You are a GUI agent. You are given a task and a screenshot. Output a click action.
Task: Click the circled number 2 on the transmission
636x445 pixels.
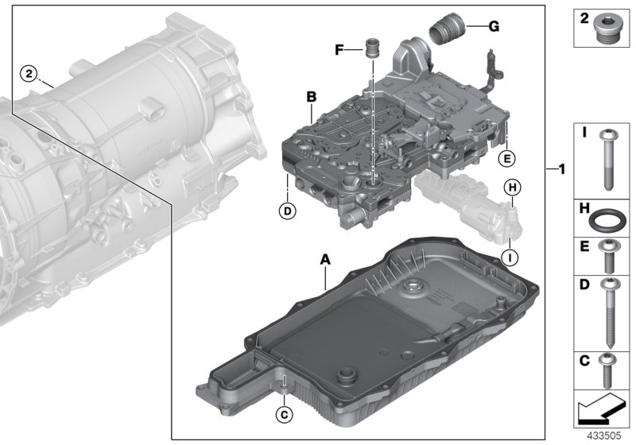tap(29, 74)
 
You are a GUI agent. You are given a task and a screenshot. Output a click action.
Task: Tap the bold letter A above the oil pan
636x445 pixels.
tap(324, 259)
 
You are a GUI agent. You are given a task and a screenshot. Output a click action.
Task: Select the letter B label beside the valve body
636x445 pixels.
tap(312, 97)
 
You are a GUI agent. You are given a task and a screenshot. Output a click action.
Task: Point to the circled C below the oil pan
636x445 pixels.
tap(283, 412)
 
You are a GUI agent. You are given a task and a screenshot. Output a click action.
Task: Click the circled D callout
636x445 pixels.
tap(286, 211)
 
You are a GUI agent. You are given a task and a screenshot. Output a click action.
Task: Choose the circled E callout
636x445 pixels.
tap(504, 159)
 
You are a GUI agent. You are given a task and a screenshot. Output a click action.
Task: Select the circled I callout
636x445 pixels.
tap(511, 255)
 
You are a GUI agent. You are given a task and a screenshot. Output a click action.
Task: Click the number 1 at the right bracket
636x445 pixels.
tap(561, 169)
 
